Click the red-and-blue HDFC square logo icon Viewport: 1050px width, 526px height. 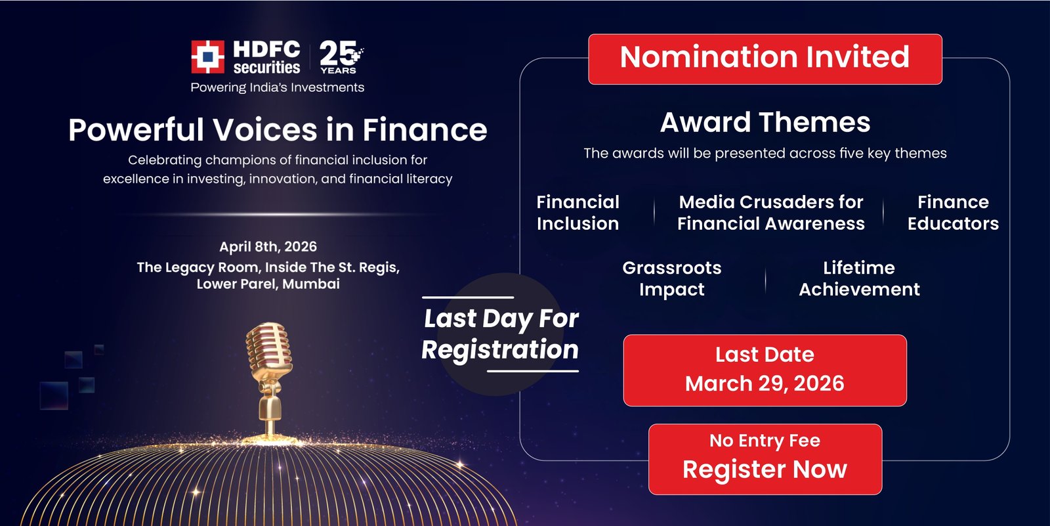point(207,57)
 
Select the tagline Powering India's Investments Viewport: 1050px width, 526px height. point(277,87)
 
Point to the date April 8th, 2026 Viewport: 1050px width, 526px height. point(268,247)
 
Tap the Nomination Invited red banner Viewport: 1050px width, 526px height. point(765,58)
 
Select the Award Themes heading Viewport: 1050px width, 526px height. point(765,122)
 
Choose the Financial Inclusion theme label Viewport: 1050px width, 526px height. point(577,213)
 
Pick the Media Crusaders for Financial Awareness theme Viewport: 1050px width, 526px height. point(771,213)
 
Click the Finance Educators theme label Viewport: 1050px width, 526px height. point(953,213)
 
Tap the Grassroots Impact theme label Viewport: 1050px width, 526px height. point(671,278)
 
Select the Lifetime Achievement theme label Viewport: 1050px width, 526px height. point(859,278)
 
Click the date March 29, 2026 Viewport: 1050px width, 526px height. point(765,384)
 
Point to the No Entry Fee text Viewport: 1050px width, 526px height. point(765,441)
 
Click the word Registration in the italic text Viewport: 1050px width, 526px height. point(500,350)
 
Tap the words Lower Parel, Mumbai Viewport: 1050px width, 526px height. point(268,284)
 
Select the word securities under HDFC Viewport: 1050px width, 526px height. point(266,68)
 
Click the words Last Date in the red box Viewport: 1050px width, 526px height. point(765,355)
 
